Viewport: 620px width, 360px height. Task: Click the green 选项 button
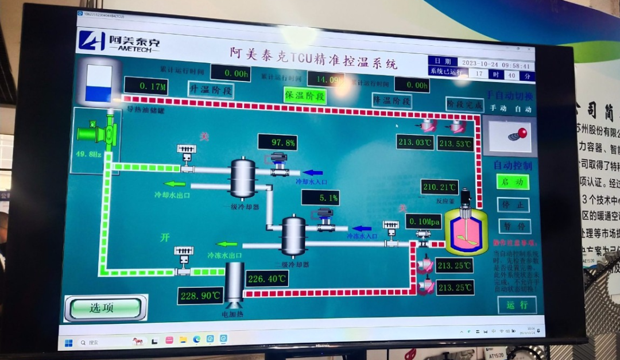(105, 308)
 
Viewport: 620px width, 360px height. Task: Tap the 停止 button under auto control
(513, 204)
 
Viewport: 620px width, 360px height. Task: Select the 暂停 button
(513, 226)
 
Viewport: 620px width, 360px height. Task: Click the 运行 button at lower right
(517, 305)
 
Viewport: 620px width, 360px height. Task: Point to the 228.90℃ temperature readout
(200, 296)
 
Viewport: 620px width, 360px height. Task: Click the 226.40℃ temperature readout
(266, 279)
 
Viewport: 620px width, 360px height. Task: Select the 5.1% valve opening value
(320, 198)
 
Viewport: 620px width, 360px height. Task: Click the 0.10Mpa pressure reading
(423, 221)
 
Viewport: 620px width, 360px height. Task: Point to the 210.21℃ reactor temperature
(439, 187)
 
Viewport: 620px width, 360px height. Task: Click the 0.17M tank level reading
(145, 87)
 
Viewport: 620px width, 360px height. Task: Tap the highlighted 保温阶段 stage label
(305, 95)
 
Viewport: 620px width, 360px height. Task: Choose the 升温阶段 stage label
(211, 90)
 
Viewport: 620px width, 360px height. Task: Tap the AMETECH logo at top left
(119, 41)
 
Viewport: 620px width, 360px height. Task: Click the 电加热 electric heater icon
(234, 282)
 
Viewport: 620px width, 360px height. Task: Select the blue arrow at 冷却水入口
(312, 172)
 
